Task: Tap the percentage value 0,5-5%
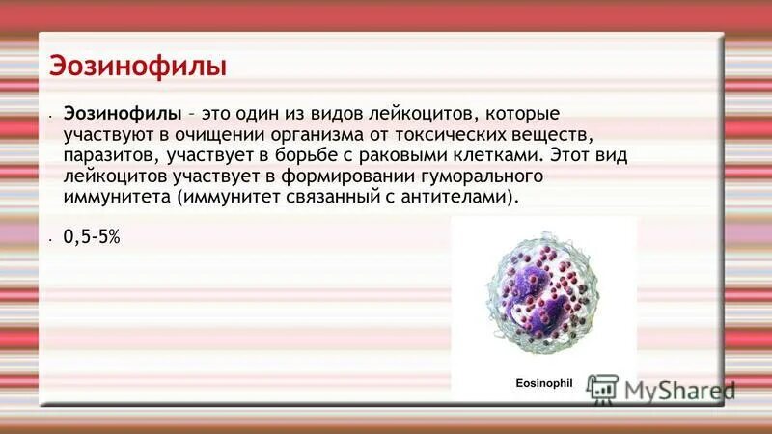coord(92,235)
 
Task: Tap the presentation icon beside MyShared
coord(602,389)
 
